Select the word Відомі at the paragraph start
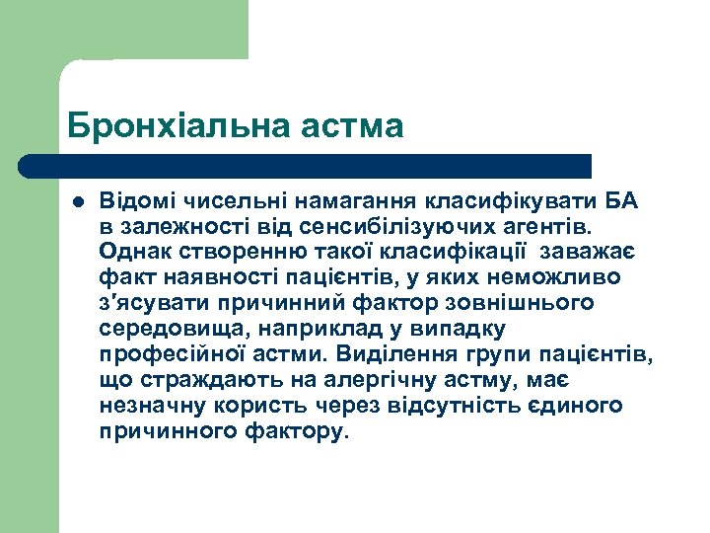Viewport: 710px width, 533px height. (x=134, y=201)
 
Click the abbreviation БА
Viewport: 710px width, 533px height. (x=618, y=201)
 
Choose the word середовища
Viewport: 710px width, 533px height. (x=156, y=329)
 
